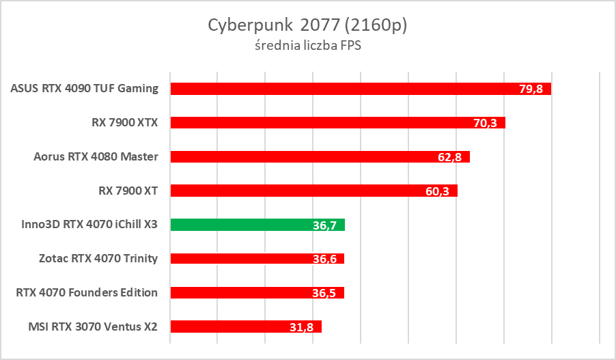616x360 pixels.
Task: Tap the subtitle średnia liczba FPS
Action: point(307,46)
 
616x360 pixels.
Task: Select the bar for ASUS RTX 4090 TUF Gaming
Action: point(341,89)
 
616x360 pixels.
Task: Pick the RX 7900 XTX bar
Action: point(321,123)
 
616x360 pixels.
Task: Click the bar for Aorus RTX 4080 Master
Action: point(300,157)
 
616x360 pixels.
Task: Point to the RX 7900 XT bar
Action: point(294,191)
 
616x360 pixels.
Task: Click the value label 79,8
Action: point(531,89)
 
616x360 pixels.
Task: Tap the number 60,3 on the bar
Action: point(437,191)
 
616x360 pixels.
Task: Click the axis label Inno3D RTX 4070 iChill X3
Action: point(85,225)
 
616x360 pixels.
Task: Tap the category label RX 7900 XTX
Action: point(124,123)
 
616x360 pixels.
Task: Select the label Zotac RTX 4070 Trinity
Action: point(99,259)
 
